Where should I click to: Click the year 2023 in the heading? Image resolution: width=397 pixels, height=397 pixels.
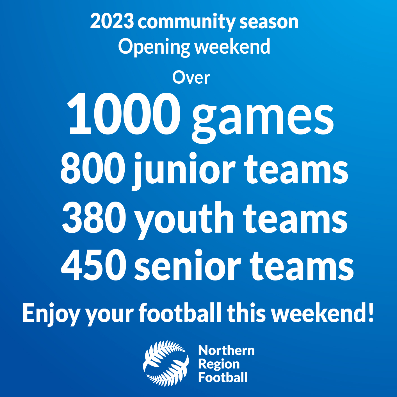point(112,22)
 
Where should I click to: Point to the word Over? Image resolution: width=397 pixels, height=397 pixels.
point(191,78)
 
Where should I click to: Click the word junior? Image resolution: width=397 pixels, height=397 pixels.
point(184,170)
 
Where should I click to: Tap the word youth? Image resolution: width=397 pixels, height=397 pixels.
point(184,219)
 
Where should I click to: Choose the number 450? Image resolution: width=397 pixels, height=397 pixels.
point(93,265)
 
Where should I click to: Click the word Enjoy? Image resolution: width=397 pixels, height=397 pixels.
point(51,313)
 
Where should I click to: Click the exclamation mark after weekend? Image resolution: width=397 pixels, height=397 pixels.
point(371,312)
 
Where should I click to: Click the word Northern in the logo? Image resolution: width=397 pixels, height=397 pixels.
point(226,350)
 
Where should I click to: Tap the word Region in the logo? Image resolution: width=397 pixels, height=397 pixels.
point(219,364)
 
